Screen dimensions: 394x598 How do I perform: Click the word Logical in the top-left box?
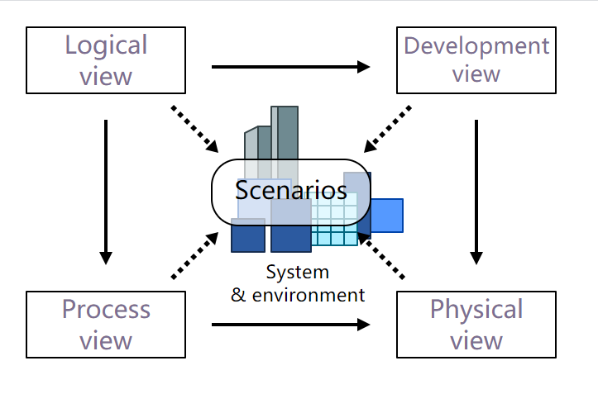click(x=106, y=45)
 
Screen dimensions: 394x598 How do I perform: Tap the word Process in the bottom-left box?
click(x=106, y=310)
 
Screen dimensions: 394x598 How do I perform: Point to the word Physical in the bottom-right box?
click(x=476, y=310)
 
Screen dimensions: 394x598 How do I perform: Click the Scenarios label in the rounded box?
click(x=291, y=191)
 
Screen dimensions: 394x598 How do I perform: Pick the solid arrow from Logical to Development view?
click(x=290, y=67)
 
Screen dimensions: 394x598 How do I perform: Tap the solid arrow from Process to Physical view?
click(x=290, y=325)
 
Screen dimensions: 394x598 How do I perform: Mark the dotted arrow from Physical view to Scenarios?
click(x=384, y=255)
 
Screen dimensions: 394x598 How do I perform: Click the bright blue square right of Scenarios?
click(x=386, y=216)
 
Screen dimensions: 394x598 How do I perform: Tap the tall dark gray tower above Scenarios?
click(x=288, y=132)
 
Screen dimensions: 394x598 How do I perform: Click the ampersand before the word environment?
click(x=238, y=295)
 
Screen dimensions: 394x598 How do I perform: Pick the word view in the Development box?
click(x=476, y=74)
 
